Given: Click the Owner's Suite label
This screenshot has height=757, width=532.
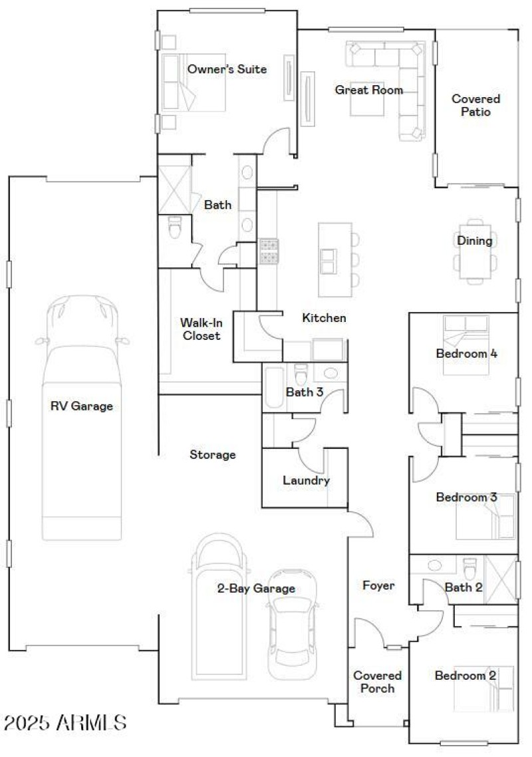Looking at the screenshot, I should click(227, 69).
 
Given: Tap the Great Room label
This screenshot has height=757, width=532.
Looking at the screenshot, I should click(368, 90).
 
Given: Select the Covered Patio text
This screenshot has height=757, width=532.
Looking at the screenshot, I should click(475, 105).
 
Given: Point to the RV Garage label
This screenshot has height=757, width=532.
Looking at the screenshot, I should click(82, 406).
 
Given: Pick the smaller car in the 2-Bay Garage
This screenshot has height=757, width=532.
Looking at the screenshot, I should click(290, 632).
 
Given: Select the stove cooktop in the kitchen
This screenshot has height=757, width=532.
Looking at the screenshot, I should click(269, 251).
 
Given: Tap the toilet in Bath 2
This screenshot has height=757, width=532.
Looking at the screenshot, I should click(470, 569).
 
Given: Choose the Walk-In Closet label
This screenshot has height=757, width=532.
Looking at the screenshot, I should click(199, 329).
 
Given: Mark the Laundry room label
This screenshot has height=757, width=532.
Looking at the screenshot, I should click(306, 480).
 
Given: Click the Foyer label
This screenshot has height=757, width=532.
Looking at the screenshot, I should click(378, 585).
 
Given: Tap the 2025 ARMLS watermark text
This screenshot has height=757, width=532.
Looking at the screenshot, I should click(65, 722).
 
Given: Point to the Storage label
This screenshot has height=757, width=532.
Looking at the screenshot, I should click(213, 455).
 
